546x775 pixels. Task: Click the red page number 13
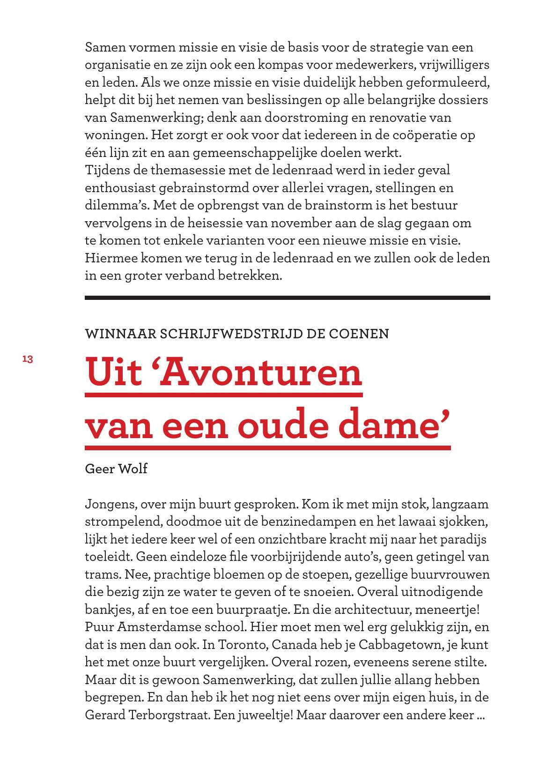(x=27, y=359)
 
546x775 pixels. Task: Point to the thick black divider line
(x=287, y=298)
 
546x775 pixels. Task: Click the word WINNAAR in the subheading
(x=119, y=334)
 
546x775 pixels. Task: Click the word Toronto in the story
(x=241, y=645)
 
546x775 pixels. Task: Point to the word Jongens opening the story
(x=111, y=505)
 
